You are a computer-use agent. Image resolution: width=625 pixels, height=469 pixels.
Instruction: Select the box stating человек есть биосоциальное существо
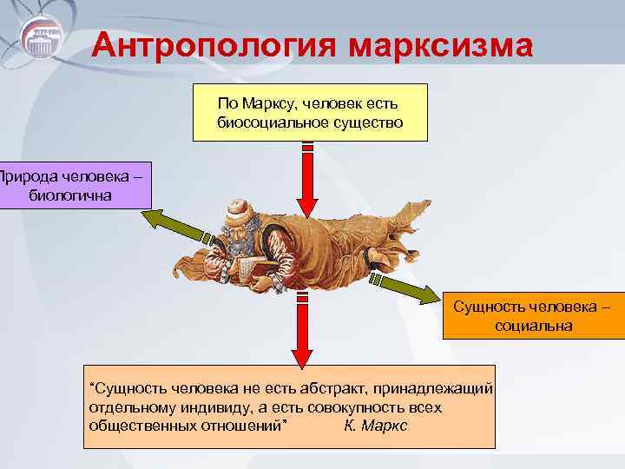[x=310, y=112]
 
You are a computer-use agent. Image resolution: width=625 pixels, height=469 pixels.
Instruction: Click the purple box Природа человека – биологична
[x=69, y=186]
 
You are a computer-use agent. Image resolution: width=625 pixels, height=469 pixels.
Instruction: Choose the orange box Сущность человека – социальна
[x=533, y=316]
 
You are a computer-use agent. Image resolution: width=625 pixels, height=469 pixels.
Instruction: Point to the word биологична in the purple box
[x=69, y=195]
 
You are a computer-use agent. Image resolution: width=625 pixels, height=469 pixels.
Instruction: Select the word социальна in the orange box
[x=533, y=326]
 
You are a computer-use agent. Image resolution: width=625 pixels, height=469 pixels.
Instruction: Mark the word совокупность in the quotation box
[x=340, y=406]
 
